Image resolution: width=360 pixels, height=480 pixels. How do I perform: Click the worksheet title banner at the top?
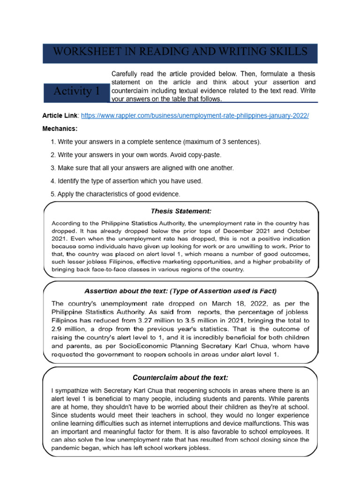[180, 52]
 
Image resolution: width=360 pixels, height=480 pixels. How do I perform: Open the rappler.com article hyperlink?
[197, 115]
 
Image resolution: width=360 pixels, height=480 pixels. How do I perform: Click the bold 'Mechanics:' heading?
[60, 128]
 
